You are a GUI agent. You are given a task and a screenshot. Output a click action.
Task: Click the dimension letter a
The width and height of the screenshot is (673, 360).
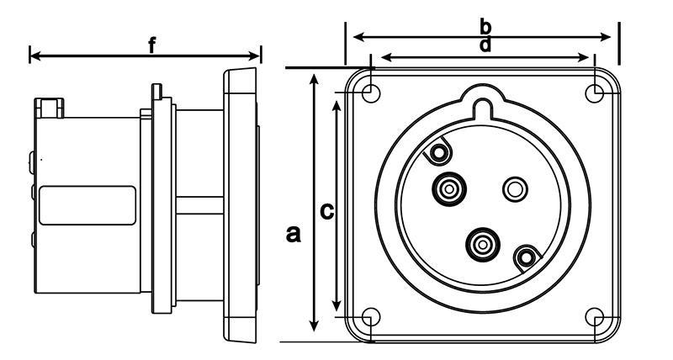coord(293,233)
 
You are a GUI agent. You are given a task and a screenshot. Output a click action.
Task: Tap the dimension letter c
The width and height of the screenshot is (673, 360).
coord(328,211)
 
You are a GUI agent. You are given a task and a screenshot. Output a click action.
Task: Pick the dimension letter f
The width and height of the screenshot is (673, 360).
coord(151,45)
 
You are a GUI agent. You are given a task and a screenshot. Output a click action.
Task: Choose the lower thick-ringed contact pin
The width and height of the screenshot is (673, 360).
coord(483,245)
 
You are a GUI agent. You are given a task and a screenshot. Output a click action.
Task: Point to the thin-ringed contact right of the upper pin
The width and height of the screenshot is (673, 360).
coord(513,189)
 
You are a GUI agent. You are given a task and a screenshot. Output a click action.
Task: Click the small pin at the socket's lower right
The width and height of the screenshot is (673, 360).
coord(526,256)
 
